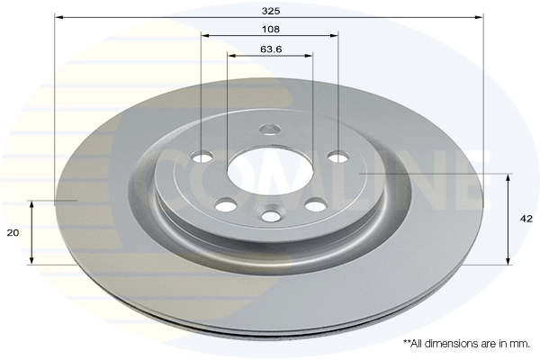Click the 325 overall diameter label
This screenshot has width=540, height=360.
click(x=271, y=11)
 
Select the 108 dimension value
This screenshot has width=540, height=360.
click(x=271, y=30)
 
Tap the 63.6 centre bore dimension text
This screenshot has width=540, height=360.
click(x=271, y=49)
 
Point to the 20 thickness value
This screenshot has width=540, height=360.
click(x=13, y=233)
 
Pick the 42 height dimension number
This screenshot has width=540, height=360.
click(x=526, y=219)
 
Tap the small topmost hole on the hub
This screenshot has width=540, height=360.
click(x=270, y=130)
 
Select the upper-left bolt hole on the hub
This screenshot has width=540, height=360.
click(x=202, y=157)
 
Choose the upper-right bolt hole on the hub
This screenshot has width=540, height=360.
click(x=338, y=157)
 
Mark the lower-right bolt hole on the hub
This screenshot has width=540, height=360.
click(x=316, y=205)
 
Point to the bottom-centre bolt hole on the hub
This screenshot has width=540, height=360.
click(x=271, y=215)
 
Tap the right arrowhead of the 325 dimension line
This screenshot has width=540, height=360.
click(x=479, y=17)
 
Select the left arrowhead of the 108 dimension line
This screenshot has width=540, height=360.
click(x=205, y=35)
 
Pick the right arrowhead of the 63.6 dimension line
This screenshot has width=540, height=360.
click(x=308, y=55)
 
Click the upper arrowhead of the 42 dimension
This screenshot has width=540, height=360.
click(x=508, y=178)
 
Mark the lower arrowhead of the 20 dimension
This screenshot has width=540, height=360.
click(x=31, y=260)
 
